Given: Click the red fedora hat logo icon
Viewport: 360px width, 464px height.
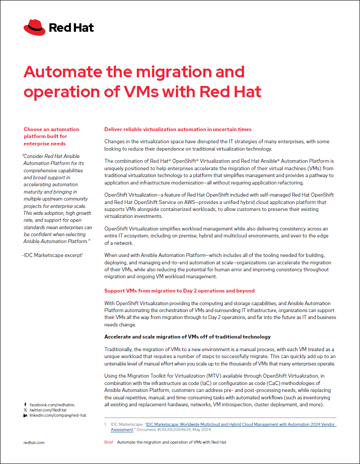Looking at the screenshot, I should [34, 27].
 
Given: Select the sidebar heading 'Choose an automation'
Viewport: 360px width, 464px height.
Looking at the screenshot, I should [51, 129].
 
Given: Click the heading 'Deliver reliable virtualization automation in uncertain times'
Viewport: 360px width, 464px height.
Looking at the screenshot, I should [178, 129].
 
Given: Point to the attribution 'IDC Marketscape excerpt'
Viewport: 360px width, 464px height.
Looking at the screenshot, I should [53, 255].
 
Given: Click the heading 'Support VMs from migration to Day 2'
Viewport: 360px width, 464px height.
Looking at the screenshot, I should [179, 290].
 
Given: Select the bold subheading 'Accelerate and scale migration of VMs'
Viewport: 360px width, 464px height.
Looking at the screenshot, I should [188, 337].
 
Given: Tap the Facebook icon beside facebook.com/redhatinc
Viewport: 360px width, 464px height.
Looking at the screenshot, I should [25, 404].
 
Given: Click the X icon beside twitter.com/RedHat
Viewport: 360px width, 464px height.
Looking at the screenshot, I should [25, 410].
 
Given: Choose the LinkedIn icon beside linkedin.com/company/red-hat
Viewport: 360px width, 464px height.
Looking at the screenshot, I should [25, 415].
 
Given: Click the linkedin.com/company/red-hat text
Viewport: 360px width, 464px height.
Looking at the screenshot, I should [58, 415].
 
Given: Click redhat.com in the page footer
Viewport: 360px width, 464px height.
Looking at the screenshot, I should [34, 442].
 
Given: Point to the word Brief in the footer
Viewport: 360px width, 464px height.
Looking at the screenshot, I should [109, 442].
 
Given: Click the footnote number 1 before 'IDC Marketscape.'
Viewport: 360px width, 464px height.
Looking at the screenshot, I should [105, 424].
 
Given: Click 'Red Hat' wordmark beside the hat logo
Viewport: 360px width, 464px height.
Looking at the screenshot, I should [71, 28].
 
